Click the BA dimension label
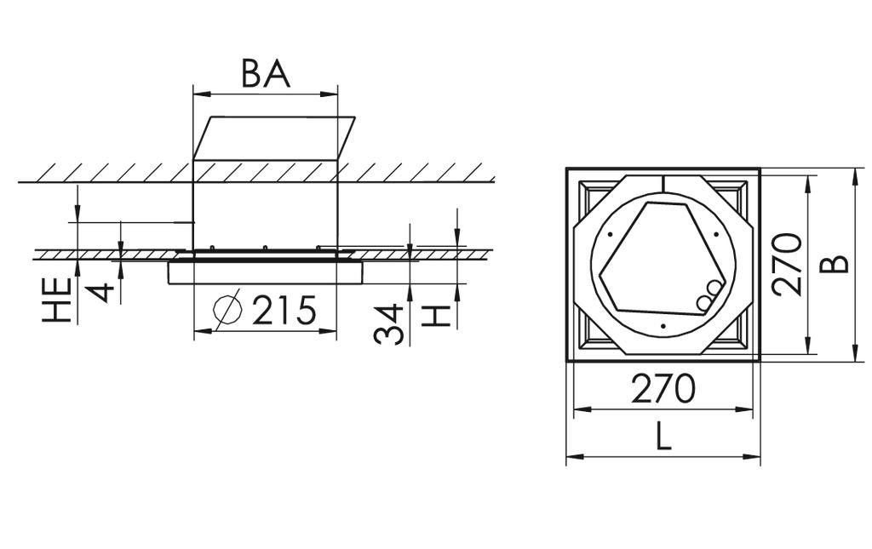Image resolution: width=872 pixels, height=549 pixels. click(x=266, y=74)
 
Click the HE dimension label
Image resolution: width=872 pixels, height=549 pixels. click(x=57, y=300)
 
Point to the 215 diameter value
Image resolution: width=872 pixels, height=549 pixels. click(x=284, y=311)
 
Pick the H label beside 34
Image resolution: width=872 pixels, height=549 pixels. click(x=436, y=316)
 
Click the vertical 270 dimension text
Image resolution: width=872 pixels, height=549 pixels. click(x=789, y=264)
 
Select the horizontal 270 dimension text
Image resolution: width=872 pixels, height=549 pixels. click(x=663, y=389)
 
